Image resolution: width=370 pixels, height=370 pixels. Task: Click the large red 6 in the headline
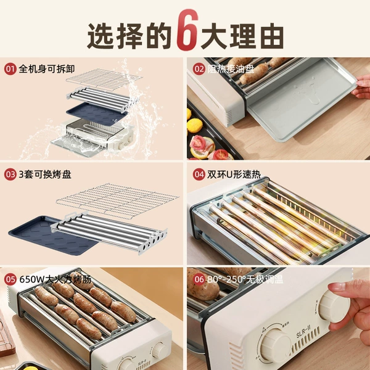pos(187,30)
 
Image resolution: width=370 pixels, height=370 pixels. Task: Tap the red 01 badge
pos(10,69)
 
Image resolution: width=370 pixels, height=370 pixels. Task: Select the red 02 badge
pos(199,69)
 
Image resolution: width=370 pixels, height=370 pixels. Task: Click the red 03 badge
pos(10,175)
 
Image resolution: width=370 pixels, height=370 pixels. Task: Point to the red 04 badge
pos(199,175)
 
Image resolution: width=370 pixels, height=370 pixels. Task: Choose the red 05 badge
pos(10,279)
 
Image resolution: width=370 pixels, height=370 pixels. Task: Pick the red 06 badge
pos(199,279)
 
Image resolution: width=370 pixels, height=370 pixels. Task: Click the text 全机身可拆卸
pos(47,69)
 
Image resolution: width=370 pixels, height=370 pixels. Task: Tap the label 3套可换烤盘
pos(45,175)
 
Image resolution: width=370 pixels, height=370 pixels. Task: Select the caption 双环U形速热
pos(234,175)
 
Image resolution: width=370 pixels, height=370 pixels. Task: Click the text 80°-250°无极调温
pos(245,279)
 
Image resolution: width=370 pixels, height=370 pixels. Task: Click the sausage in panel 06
pos(203,287)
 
